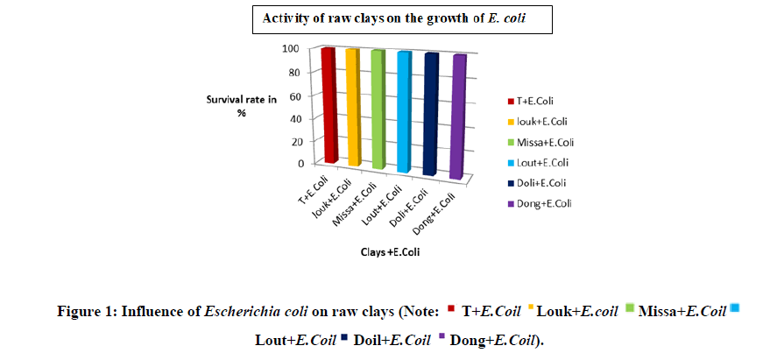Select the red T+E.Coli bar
tap(329, 105)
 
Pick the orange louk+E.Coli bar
tap(352, 107)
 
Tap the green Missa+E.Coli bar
tap(378, 109)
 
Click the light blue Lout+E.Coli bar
tap(403, 111)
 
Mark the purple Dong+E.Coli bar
tap(458, 116)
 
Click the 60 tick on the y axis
tap(303, 95)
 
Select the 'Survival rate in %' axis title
tap(248, 107)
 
